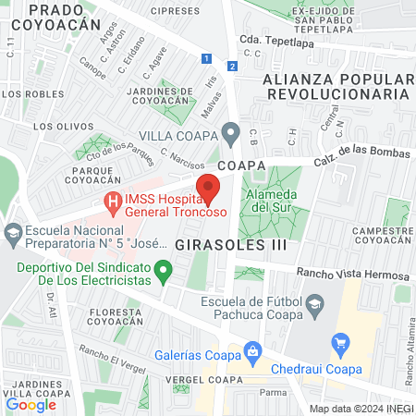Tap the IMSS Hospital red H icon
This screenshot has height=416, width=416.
pyautogui.click(x=113, y=201)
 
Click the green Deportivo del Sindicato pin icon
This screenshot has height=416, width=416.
pyautogui.click(x=164, y=272)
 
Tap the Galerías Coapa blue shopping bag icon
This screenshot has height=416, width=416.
pyautogui.click(x=251, y=350)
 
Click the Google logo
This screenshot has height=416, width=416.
pyautogui.click(x=31, y=404)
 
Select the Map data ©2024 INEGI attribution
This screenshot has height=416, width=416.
pyautogui.click(x=361, y=408)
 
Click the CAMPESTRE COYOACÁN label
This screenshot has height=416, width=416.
pyautogui.click(x=382, y=236)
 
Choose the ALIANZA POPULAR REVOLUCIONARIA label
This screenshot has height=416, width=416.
pyautogui.click(x=336, y=86)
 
